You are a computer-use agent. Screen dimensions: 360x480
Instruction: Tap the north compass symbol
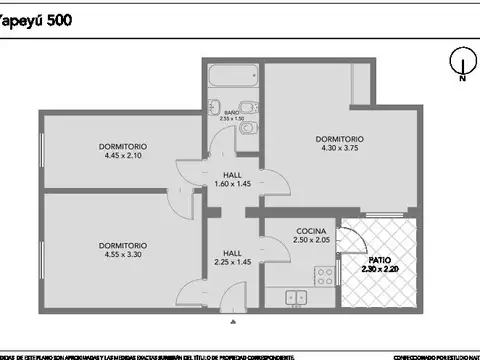click(x=461, y=63)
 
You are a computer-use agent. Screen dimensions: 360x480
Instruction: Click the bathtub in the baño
click(x=233, y=77)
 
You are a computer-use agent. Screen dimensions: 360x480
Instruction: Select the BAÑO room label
click(x=231, y=112)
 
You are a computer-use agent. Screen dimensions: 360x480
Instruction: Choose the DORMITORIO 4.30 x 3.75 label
click(x=339, y=144)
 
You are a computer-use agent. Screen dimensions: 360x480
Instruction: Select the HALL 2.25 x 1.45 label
click(x=232, y=258)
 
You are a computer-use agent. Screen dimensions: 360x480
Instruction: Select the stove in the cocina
click(x=323, y=273)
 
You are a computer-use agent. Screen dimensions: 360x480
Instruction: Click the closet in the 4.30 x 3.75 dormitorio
click(x=361, y=82)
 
